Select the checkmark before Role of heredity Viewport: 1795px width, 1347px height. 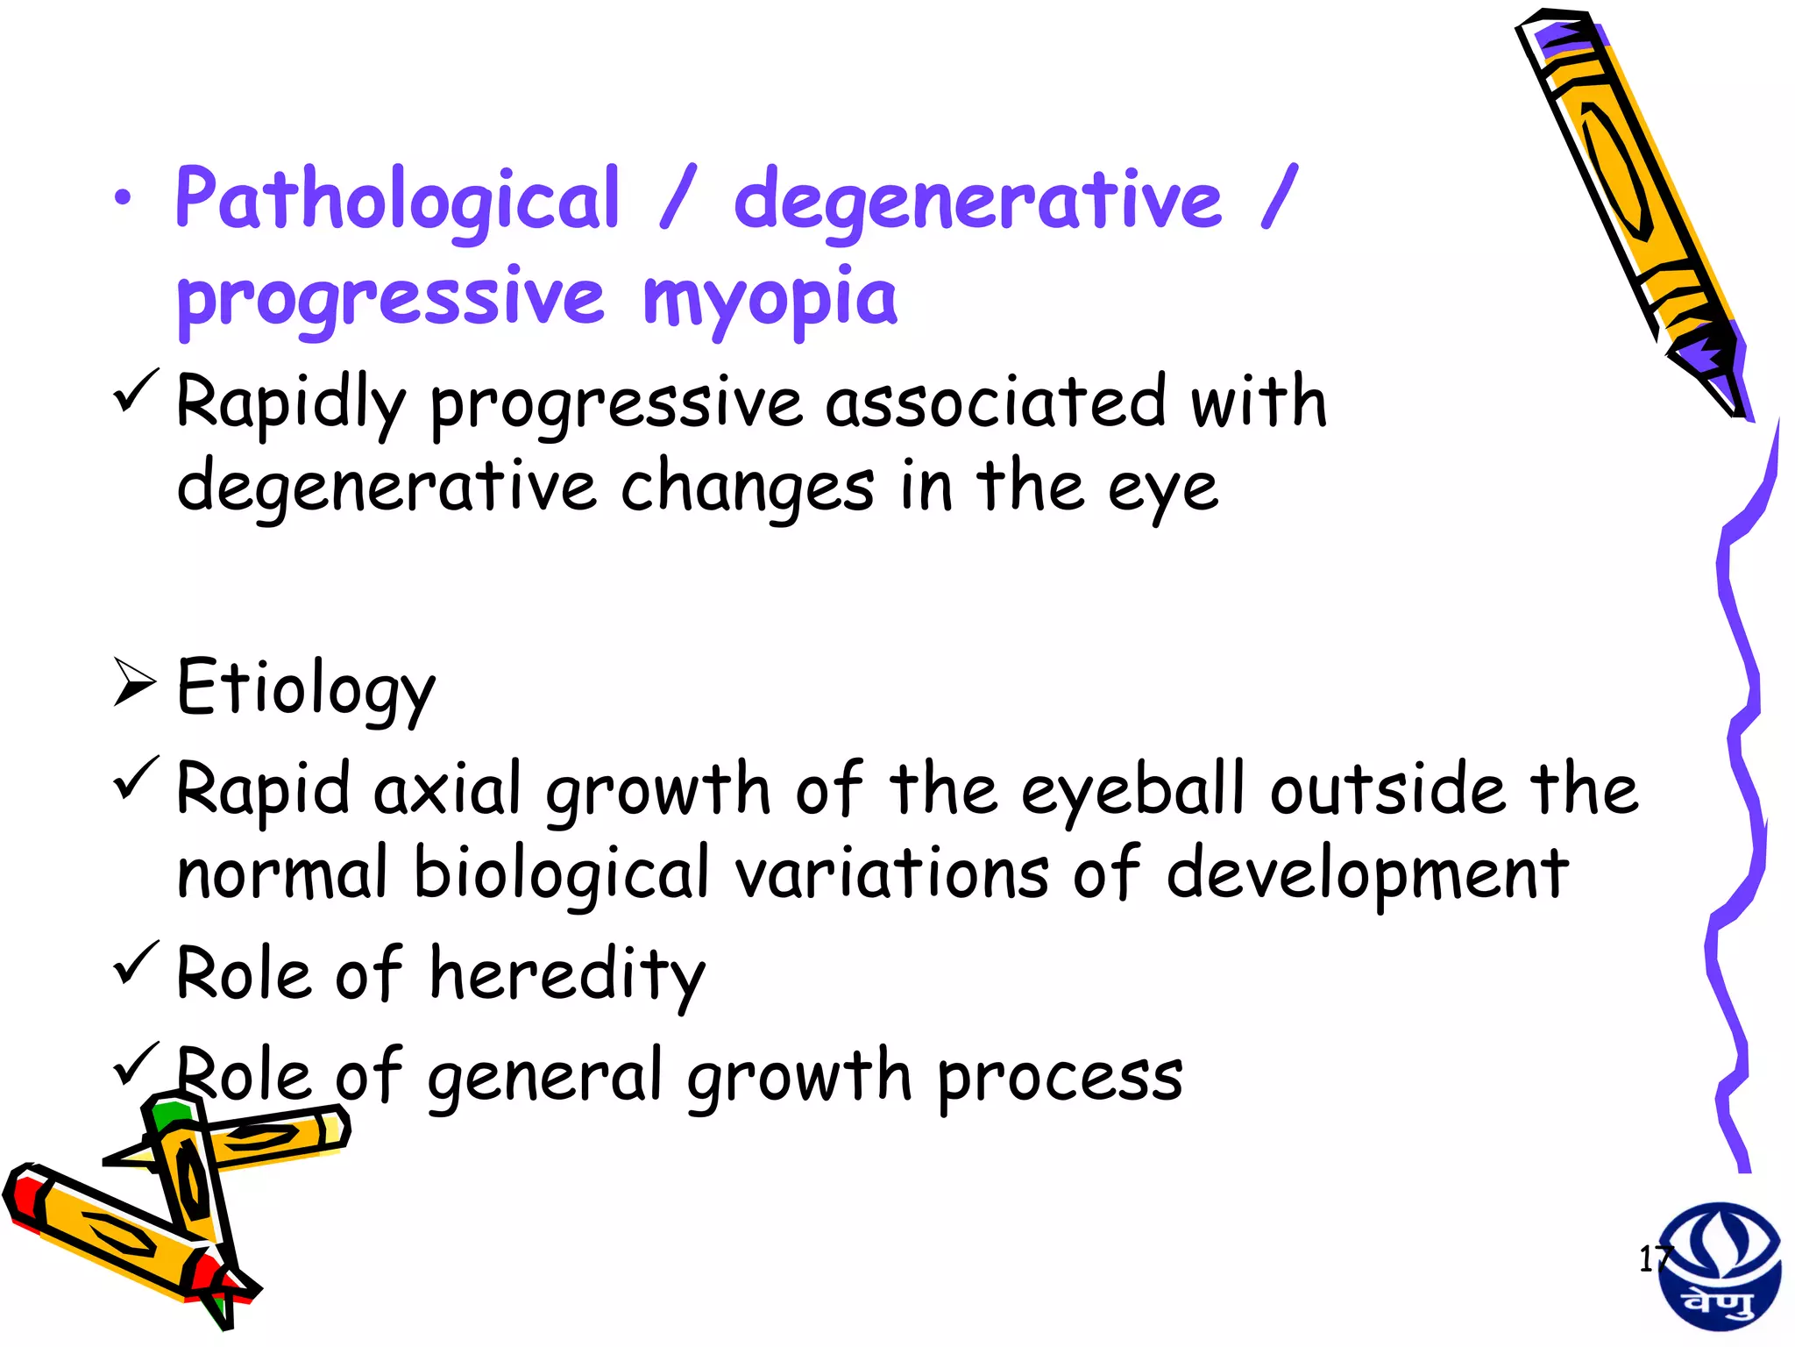coord(136,962)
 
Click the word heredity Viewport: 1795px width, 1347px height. coord(567,975)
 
